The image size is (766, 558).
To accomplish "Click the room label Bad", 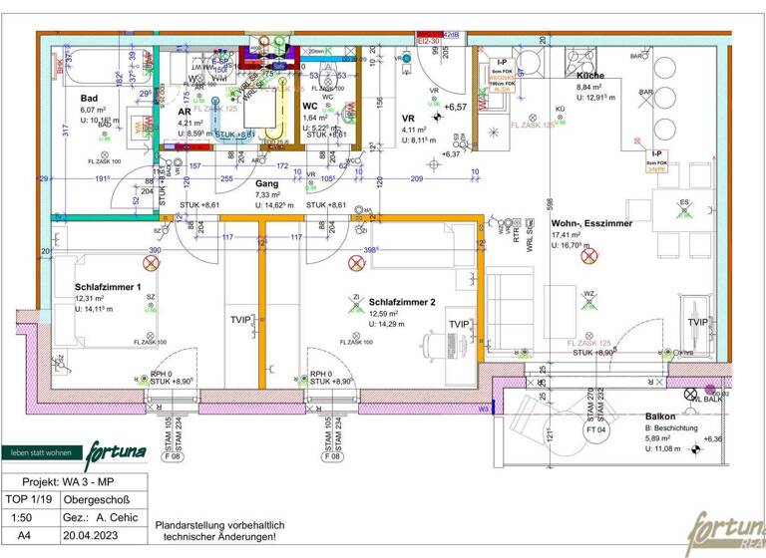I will tap(90, 98).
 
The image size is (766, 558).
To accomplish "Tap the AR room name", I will tap(184, 112).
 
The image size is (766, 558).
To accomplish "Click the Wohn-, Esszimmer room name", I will tap(591, 223).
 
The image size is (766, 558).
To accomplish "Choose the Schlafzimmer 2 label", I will tap(402, 301).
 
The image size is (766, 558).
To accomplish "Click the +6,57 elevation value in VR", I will tap(455, 107).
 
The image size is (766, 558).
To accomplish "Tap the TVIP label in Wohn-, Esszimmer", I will tap(698, 322).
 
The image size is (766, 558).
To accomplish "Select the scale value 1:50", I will tap(20, 517).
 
